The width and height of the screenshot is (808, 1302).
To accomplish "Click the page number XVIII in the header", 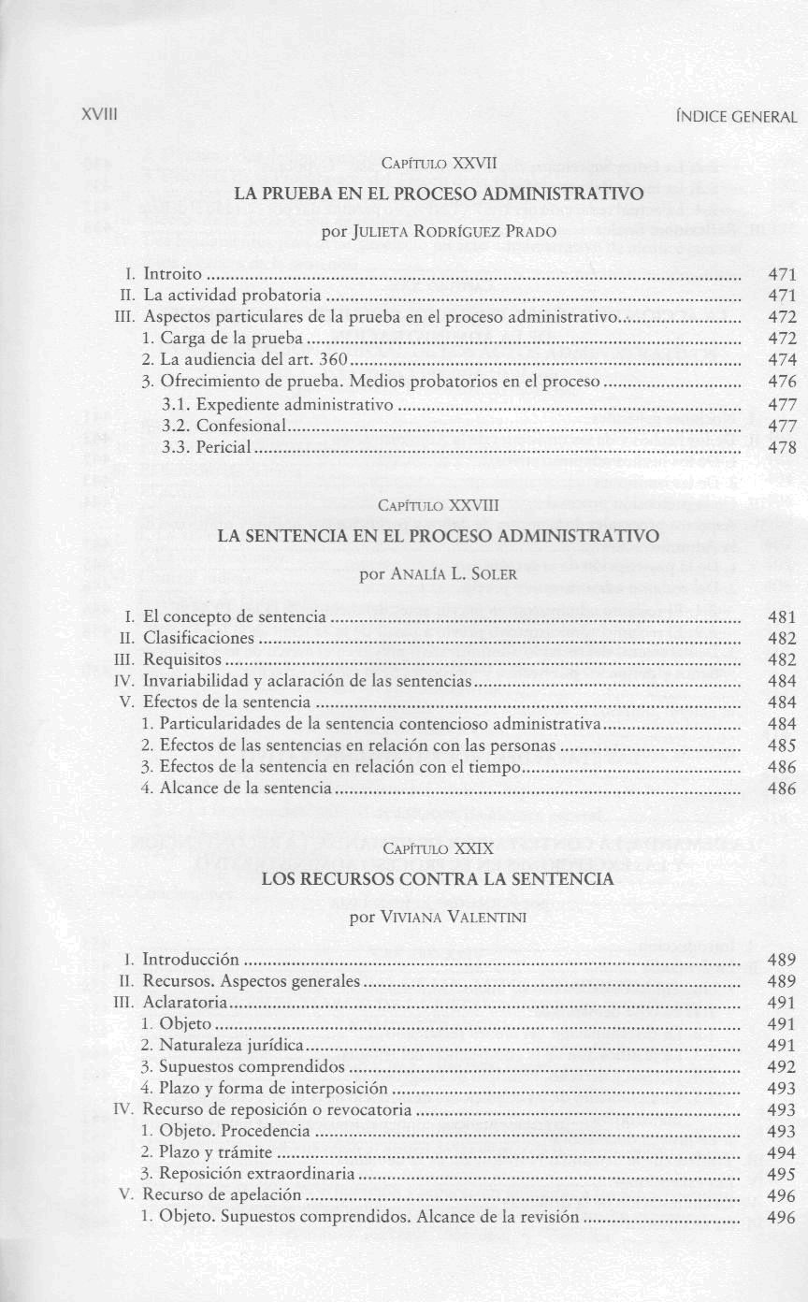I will pyautogui.click(x=97, y=117).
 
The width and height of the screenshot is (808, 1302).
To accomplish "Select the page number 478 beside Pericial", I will pyautogui.click(x=782, y=447).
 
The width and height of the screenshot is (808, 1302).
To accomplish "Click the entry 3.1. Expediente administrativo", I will pyautogui.click(x=277, y=405).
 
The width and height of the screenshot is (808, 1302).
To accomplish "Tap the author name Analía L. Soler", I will pyautogui.click(x=439, y=573).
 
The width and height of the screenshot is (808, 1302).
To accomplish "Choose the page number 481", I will pyautogui.click(x=782, y=617).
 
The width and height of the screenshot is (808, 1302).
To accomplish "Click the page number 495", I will pyautogui.click(x=782, y=1174).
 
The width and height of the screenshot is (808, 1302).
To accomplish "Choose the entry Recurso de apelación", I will pyautogui.click(x=222, y=1195).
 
